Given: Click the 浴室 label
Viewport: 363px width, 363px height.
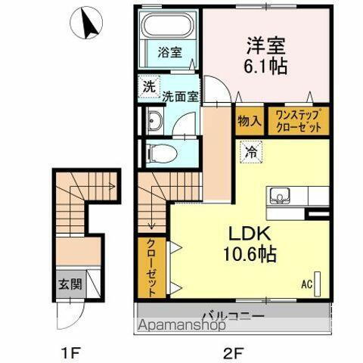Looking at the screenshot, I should click(x=169, y=53).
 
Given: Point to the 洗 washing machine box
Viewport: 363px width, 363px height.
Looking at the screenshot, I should click(x=147, y=86).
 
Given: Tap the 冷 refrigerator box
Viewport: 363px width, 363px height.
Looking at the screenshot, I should click(x=250, y=150).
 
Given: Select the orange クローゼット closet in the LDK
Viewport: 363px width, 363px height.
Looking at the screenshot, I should click(x=150, y=268).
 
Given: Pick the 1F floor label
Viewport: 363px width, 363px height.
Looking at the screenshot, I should click(x=70, y=350).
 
